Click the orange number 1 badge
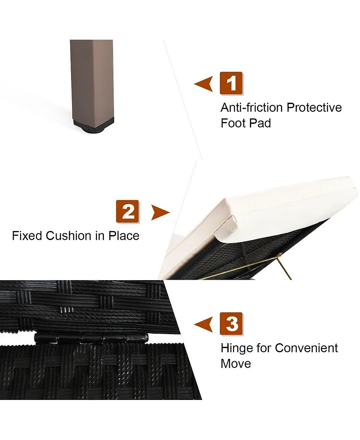pyautogui.click(x=231, y=83)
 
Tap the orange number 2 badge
pyautogui.click(x=127, y=212)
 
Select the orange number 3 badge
pyautogui.click(x=231, y=323)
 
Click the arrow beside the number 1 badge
pyautogui.click(x=203, y=84)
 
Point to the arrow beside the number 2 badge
pyautogui.click(x=160, y=212)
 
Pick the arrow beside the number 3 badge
pyautogui.click(x=203, y=325)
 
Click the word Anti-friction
pyautogui.click(x=252, y=108)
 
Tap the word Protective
pyautogui.click(x=314, y=108)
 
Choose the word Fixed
pyautogui.click(x=27, y=236)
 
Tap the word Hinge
pyautogui.click(x=236, y=348)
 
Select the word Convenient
pyautogui.click(x=306, y=348)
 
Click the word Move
pyautogui.click(x=236, y=364)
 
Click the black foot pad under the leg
pyautogui.click(x=94, y=126)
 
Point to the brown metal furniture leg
pyautogui.click(x=92, y=80)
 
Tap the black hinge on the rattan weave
pyautogui.click(x=91, y=338)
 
